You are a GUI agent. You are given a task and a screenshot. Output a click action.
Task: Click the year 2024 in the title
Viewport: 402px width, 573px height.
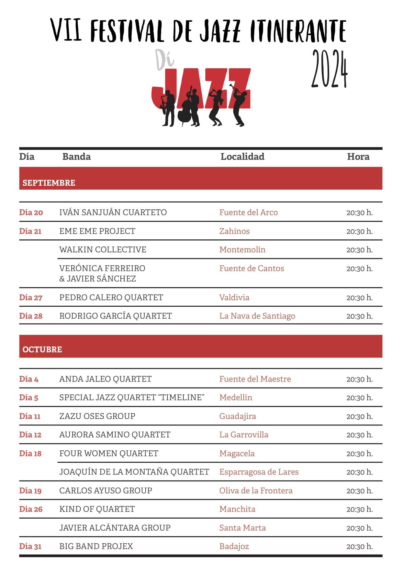[329, 69]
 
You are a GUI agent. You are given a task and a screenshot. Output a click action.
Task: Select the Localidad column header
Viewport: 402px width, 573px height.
[242, 157]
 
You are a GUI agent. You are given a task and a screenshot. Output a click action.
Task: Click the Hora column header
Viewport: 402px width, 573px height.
[358, 157]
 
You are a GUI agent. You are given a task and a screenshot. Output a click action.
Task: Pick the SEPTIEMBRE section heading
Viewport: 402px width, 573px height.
[49, 183]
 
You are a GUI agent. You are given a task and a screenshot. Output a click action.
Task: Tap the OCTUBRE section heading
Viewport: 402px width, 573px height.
[42, 349]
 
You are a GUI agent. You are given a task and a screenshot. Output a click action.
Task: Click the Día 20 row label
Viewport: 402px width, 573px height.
[31, 213]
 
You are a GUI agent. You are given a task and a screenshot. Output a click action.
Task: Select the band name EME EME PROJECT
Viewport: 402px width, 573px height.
[97, 231]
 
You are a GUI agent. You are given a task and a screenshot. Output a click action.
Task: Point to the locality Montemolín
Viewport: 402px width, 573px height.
[242, 249]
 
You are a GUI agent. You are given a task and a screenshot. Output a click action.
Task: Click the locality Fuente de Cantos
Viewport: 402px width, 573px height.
[251, 268]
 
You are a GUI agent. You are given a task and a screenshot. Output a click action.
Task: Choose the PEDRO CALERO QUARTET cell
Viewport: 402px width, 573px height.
[111, 297]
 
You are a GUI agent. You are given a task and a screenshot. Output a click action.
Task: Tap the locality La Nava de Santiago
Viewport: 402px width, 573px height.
[257, 316]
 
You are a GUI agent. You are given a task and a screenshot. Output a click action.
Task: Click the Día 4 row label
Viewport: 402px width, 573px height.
[29, 379]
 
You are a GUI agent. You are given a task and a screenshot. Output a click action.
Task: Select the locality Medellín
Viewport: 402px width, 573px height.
[236, 397]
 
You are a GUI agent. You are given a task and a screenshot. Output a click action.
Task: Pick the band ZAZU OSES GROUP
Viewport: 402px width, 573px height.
[97, 416]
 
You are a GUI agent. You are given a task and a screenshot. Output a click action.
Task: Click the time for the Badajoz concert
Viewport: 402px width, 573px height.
[359, 546]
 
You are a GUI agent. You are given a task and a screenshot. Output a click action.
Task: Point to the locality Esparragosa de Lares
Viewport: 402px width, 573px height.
[259, 472]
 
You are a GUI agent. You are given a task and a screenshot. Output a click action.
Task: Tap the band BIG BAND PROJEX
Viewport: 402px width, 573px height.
[96, 546]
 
